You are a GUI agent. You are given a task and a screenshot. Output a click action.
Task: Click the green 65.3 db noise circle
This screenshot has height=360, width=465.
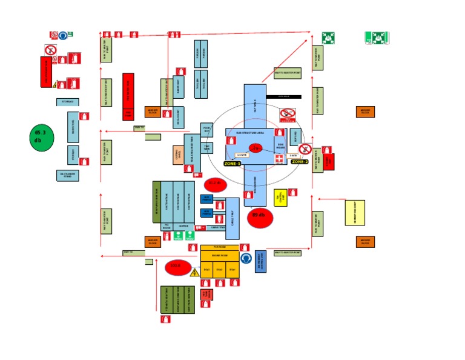tap(41, 138)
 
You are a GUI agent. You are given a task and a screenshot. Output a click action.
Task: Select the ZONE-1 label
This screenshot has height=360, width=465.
tap(232, 164)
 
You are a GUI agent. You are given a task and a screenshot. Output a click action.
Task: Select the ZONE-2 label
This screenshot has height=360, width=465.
tap(300, 162)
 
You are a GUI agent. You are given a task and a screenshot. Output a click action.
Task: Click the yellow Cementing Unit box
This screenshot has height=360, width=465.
tap(355, 213)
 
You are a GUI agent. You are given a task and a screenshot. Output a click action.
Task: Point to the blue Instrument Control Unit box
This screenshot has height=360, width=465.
tap(260, 262)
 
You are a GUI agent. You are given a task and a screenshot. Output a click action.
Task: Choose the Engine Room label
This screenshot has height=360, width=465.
tap(219, 256)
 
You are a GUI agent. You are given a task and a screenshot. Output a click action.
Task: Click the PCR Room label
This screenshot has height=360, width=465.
tap(219, 247)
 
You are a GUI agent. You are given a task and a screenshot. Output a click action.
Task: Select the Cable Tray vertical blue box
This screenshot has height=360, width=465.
tap(232, 218)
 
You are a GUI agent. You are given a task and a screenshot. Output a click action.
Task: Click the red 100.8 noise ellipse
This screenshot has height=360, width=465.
tap(177, 267)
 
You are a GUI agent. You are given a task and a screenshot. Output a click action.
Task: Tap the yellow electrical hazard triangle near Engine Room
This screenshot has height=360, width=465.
tap(194, 273)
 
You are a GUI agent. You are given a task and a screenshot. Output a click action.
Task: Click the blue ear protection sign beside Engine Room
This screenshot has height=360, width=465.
tap(246, 259)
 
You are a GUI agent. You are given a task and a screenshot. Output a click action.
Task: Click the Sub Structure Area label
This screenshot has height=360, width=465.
tap(249, 132)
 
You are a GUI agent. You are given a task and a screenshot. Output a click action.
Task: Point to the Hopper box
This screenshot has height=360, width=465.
tap(183, 226)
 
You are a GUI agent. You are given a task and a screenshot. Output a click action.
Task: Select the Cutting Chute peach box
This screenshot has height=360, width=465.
tap(178, 155)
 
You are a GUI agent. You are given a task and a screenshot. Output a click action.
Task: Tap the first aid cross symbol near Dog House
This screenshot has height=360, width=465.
tap(279, 159)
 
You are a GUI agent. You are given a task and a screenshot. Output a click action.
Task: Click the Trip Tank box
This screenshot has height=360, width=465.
tap(206, 147)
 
